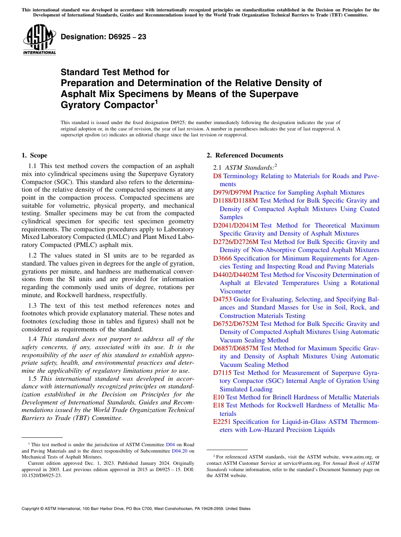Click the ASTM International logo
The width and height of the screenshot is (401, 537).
(39, 40)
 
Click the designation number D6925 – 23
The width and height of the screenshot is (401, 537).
(103, 37)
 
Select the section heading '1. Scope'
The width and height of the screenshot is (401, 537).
(34, 155)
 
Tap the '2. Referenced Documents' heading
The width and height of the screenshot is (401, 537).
(245, 155)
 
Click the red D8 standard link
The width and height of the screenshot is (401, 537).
(217, 176)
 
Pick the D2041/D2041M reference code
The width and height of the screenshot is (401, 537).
(236, 225)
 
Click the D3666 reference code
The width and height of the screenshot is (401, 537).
(222, 258)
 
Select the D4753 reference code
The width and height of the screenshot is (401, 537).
(222, 299)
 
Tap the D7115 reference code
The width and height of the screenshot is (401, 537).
(222, 373)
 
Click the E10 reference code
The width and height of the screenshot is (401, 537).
(219, 397)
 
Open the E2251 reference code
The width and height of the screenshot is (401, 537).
(222, 422)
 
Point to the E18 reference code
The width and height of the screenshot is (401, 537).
(219, 405)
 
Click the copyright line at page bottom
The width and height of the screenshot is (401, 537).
(135, 509)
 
